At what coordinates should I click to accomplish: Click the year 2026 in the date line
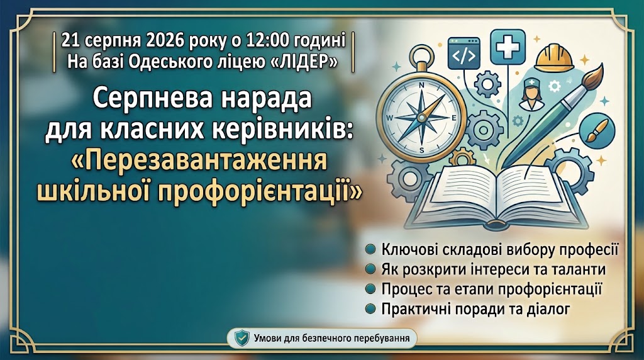(x=165, y=41)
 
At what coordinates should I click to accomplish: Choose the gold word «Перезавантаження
(x=199, y=161)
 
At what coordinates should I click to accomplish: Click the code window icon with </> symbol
(x=464, y=53)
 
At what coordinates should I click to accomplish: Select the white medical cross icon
(x=508, y=47)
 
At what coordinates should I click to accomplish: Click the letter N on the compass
(x=421, y=86)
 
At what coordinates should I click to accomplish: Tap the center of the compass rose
(x=421, y=118)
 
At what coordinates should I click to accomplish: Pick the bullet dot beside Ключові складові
(x=370, y=249)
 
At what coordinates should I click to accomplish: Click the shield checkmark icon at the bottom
(x=242, y=338)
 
